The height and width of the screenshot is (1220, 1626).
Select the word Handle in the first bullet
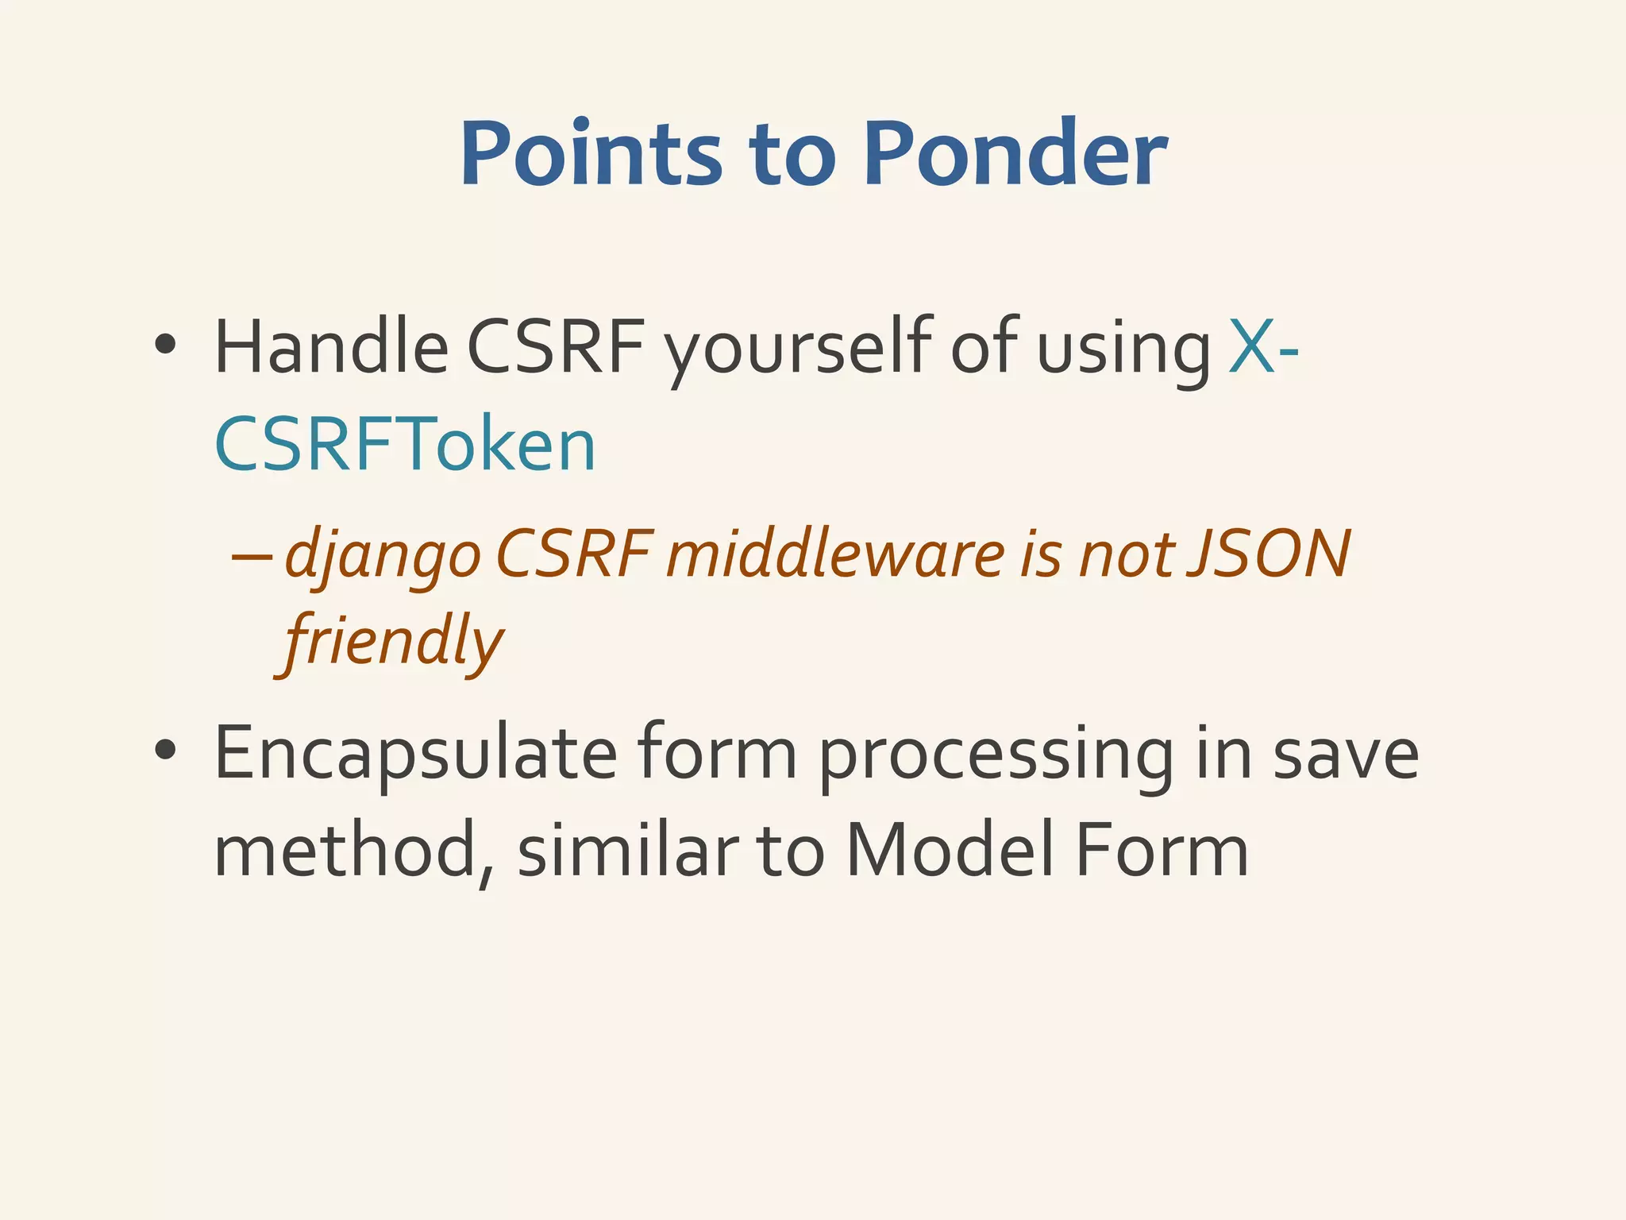331,347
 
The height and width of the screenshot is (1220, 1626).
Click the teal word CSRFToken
405,444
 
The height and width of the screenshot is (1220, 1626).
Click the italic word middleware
835,554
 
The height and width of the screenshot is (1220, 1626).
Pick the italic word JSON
1268,554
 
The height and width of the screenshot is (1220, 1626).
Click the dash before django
252,555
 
